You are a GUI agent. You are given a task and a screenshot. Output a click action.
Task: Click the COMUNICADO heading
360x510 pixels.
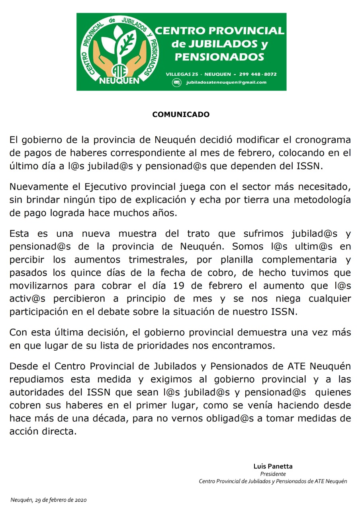click(181, 115)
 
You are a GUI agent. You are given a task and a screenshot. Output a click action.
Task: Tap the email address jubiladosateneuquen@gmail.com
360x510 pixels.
click(226, 82)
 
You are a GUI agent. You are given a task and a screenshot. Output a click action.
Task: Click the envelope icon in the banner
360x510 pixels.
click(176, 82)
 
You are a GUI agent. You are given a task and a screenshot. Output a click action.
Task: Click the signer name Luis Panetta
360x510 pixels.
click(273, 466)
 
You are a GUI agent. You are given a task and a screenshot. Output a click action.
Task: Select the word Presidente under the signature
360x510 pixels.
click(273, 474)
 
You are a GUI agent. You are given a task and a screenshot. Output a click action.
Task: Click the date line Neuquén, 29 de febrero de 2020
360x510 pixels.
click(49, 500)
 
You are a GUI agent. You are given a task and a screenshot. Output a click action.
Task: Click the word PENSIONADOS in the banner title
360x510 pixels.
click(219, 57)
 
